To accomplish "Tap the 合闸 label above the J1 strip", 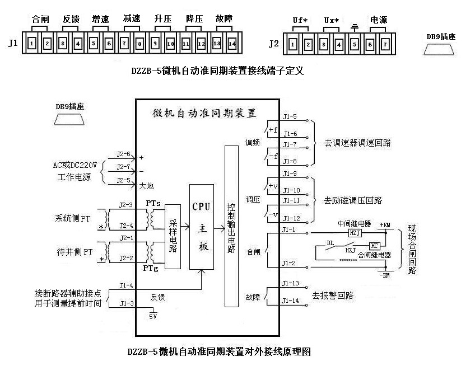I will point(41,18).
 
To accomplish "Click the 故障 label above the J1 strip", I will point(223,18).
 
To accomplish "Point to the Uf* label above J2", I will point(300,20).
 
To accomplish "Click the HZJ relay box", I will point(355,232).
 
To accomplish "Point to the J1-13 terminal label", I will point(291,283).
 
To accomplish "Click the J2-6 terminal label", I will point(123,154).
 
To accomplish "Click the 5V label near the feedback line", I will point(153,316).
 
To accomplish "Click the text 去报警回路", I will point(338,294).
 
